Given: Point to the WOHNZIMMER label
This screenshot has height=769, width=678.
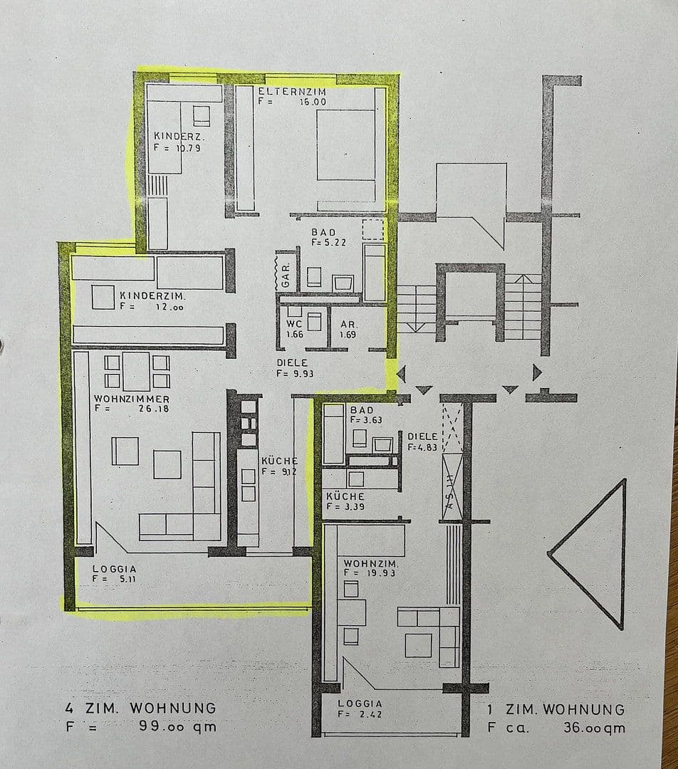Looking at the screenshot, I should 131,399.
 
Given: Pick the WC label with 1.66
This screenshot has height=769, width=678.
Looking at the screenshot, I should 295,323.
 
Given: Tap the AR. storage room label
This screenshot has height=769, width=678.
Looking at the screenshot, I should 349,323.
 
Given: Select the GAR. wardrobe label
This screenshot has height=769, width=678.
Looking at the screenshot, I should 286,272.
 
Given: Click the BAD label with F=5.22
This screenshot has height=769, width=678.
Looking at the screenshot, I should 323,233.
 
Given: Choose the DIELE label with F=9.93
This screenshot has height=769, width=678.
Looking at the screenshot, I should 292,362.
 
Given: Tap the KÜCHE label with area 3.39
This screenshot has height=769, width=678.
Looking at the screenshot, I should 345,496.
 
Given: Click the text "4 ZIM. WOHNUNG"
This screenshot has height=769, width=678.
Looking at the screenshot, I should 140,708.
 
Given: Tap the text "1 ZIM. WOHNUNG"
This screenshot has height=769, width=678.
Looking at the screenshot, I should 556,710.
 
